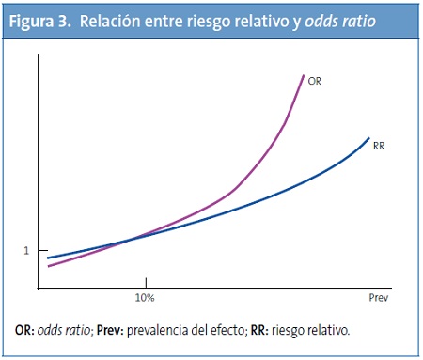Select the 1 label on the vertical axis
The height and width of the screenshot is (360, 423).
(27, 250)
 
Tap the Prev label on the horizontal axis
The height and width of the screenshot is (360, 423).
(377, 298)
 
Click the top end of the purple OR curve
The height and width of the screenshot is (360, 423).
(304, 75)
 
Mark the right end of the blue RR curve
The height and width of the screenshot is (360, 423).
(368, 137)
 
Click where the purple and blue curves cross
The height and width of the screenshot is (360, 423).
(127, 239)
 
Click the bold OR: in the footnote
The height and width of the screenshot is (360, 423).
(25, 331)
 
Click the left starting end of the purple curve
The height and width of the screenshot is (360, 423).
(49, 266)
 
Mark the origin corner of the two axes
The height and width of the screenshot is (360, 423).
(41, 288)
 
